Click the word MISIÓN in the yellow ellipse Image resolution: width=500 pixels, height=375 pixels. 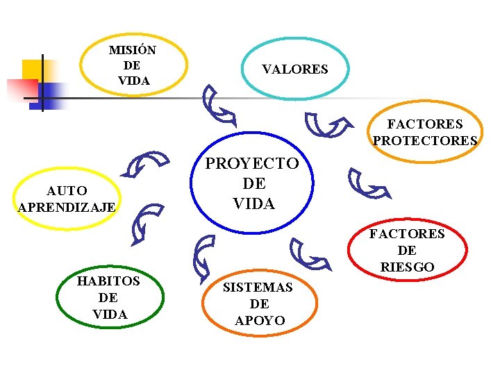(133, 51)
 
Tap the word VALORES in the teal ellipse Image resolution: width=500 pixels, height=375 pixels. (294, 69)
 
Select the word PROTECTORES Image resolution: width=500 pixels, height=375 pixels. (425, 141)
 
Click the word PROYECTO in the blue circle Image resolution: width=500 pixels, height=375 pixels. (252, 164)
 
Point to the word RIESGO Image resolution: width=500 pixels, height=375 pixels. (407, 267)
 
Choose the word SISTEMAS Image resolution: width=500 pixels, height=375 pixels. (258, 287)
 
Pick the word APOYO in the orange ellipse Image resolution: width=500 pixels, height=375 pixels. (260, 320)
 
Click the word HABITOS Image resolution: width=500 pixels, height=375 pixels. (108, 281)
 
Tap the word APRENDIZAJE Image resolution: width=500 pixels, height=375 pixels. (67, 207)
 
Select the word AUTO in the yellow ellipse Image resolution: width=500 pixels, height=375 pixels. (67, 190)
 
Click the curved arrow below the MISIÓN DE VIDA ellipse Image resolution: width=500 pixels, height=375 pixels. (218, 105)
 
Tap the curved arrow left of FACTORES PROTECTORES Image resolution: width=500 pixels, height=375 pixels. (327, 126)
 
